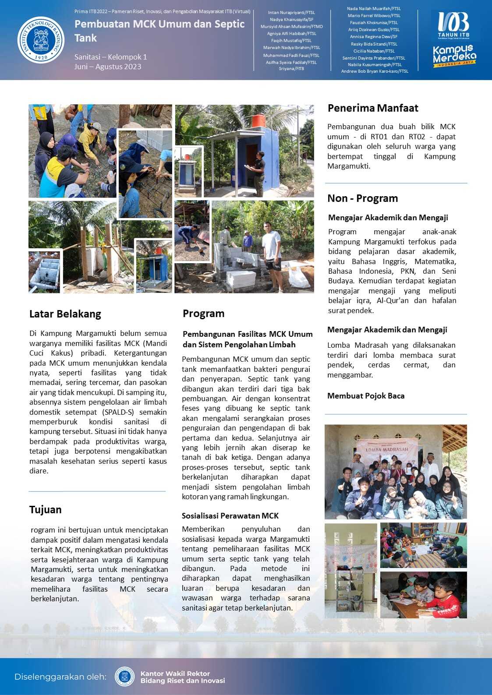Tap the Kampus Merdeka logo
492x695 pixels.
click(x=454, y=56)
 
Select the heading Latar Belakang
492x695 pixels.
click(x=65, y=314)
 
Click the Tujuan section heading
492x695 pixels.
click(x=45, y=510)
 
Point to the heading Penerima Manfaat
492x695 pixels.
click(x=372, y=108)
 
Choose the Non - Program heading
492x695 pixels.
click(x=362, y=198)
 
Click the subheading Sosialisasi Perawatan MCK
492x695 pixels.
click(x=230, y=516)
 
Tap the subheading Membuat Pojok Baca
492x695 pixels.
click(x=365, y=396)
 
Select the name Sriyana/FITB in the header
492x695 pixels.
click(x=291, y=69)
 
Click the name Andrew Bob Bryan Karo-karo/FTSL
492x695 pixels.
click(x=374, y=71)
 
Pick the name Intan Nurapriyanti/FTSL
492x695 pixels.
click(x=291, y=13)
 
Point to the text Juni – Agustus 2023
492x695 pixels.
click(x=107, y=67)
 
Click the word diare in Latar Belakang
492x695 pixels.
click(x=38, y=471)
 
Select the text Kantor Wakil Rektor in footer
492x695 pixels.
click(x=175, y=674)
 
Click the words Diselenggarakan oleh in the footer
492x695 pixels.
click(x=60, y=677)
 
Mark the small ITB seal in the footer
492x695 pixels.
click(x=125, y=677)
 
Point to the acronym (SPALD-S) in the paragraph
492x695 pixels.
click(x=120, y=412)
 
